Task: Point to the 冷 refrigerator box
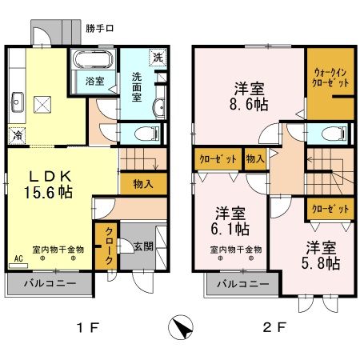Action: coord(16,134)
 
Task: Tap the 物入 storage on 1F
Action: coord(143,183)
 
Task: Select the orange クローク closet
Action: coord(106,246)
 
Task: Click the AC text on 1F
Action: coord(18,259)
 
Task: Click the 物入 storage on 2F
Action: coord(255,158)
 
